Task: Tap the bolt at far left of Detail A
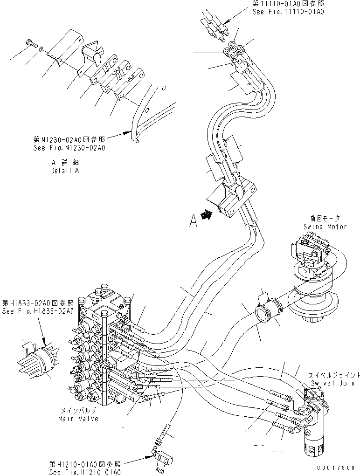coord(31,44)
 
